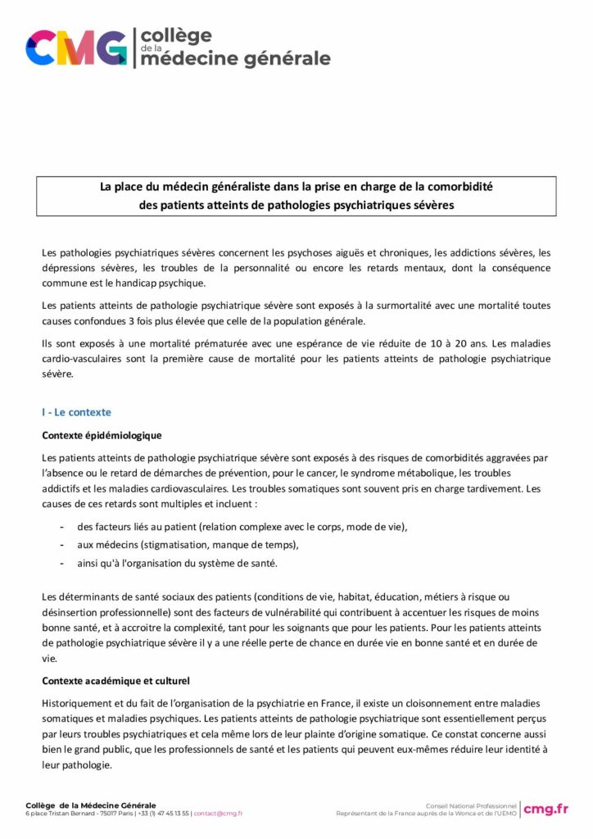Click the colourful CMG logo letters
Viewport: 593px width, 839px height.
point(76,48)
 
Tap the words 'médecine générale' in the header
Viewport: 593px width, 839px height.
point(236,58)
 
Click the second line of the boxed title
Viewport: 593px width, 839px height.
point(296,205)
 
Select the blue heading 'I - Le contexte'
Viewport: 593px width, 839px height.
point(76,412)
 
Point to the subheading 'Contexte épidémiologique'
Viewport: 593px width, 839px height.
point(102,435)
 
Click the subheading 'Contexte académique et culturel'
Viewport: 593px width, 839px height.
point(115,681)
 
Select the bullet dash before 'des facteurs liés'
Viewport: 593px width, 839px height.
point(62,526)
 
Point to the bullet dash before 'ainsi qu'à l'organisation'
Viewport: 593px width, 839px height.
point(62,562)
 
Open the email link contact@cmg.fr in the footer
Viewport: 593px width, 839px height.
point(218,814)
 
